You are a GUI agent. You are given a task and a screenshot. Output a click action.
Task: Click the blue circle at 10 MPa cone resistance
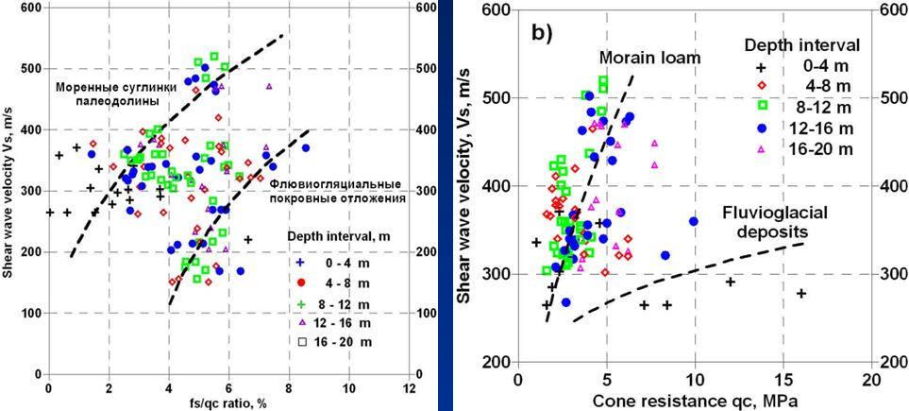coord(694,221)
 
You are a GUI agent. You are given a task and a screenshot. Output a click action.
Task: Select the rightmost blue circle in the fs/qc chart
coord(305,147)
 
